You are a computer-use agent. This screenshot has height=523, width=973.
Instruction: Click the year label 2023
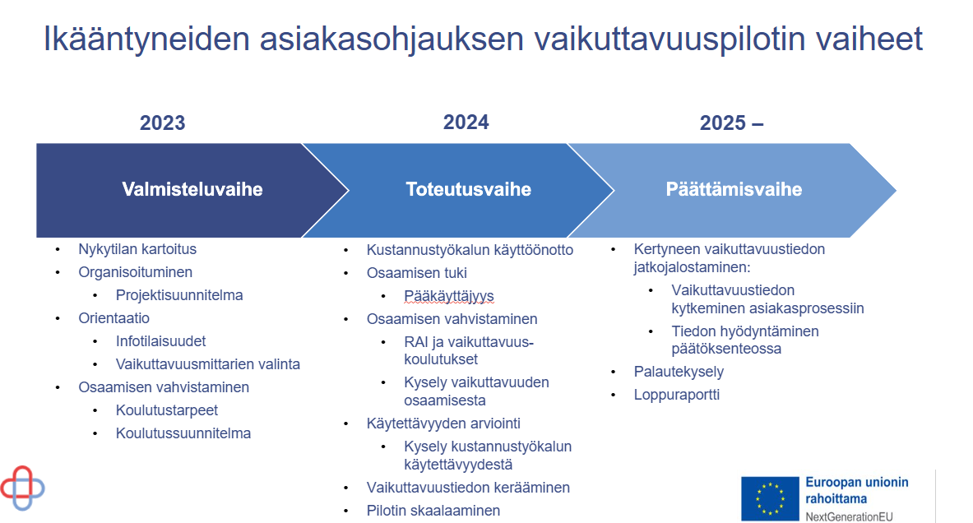coord(163,123)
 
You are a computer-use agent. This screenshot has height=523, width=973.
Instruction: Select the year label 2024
coord(466,123)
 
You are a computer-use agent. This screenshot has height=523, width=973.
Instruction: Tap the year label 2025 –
coord(732,123)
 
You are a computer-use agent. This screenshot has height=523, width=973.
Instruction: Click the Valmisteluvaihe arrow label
coord(192,189)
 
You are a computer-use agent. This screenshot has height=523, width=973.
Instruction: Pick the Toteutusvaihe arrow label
coord(469,189)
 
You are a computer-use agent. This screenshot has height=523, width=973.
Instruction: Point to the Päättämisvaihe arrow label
coord(734,189)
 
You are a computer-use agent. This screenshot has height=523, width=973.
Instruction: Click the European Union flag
coord(770,499)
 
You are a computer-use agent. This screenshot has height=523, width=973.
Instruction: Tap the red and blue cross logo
coord(22,488)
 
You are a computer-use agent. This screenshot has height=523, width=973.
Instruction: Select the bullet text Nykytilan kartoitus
coord(137,249)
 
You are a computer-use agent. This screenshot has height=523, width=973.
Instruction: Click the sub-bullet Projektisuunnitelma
coord(179,295)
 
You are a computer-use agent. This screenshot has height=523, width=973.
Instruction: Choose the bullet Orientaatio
coord(114,318)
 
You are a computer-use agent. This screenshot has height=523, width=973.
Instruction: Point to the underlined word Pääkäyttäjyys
coord(449,297)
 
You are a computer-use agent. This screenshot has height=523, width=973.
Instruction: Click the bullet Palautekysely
coord(679,372)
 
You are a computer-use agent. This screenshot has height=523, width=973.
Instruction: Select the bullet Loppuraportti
coord(677,395)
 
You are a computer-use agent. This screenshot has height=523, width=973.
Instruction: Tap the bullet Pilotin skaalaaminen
coord(433,511)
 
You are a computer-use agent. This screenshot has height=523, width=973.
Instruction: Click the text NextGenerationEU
coord(849,516)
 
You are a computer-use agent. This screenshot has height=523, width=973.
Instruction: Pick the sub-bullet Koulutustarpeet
coord(167,410)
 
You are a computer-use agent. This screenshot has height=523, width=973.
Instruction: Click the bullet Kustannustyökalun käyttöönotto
coord(470,250)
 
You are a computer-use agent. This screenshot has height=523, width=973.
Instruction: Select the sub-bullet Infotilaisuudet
coord(160,341)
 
